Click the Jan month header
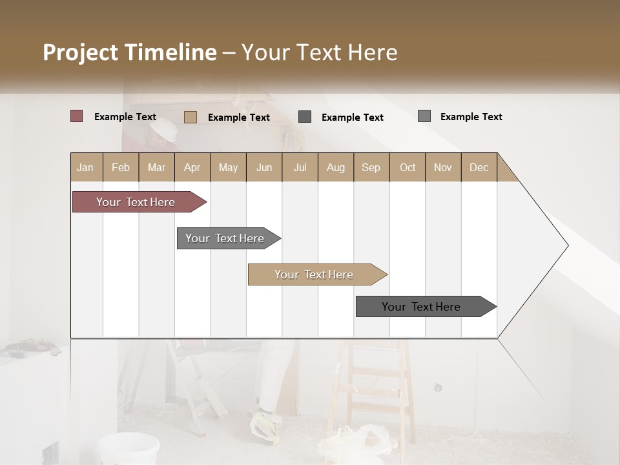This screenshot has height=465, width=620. click(x=85, y=167)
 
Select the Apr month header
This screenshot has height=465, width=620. click(x=192, y=167)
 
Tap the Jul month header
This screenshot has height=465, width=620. click(x=300, y=167)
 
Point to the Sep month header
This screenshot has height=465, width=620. click(x=371, y=167)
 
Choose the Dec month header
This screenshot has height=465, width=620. click(x=479, y=167)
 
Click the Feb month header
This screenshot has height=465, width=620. click(x=121, y=167)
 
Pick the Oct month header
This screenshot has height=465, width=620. click(x=408, y=167)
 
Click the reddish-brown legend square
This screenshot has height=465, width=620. click(x=77, y=116)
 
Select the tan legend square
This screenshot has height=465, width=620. click(x=191, y=117)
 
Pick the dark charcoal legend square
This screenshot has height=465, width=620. click(x=305, y=117)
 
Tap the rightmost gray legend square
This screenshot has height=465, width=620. click(x=424, y=116)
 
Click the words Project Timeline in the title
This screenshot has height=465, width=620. click(x=129, y=52)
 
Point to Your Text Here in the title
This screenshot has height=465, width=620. click(x=320, y=52)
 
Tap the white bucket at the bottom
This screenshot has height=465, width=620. click(x=129, y=448)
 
